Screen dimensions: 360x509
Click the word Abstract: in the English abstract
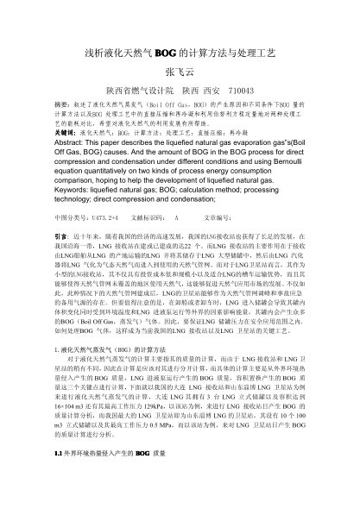tap(75, 145)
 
